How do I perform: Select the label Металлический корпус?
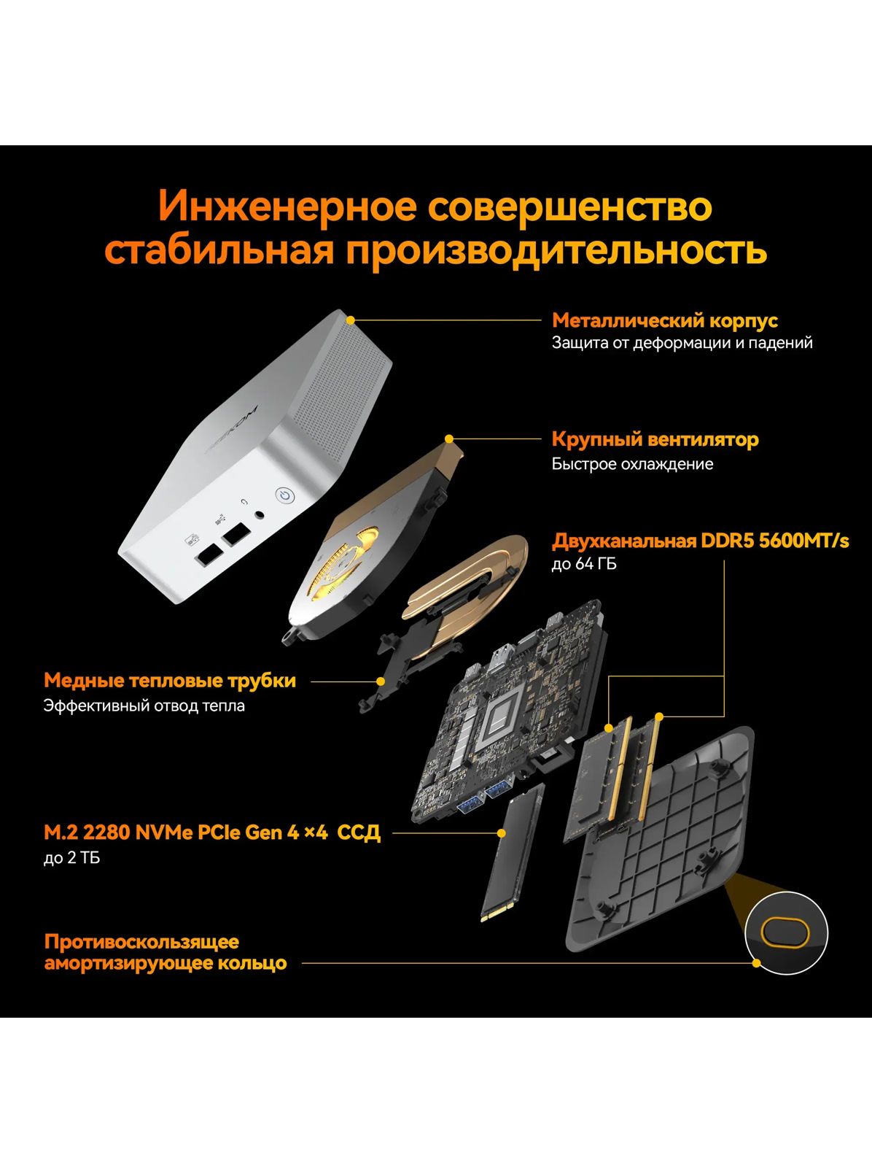[664, 320]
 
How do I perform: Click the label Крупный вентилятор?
[655, 439]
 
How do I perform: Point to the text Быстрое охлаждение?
[632, 463]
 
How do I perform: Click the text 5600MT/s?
[803, 541]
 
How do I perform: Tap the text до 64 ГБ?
[584, 565]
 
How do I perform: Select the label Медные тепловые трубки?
[170, 681]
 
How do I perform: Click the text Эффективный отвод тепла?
[144, 706]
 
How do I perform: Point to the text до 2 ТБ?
[71, 857]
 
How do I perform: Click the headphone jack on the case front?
[260, 514]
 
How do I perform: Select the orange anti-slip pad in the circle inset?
[785, 932]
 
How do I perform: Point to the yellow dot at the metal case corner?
[350, 320]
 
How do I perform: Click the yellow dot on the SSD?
[502, 833]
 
